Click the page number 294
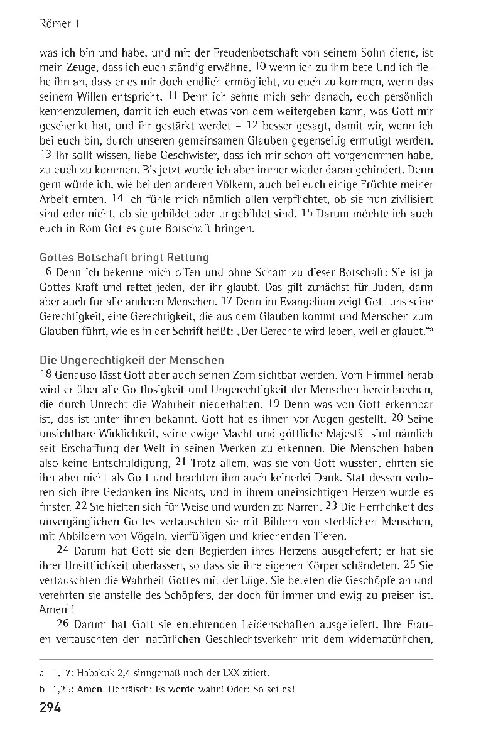(49, 709)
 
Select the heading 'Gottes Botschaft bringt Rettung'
(124, 258)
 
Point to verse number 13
(45, 154)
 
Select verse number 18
(45, 374)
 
